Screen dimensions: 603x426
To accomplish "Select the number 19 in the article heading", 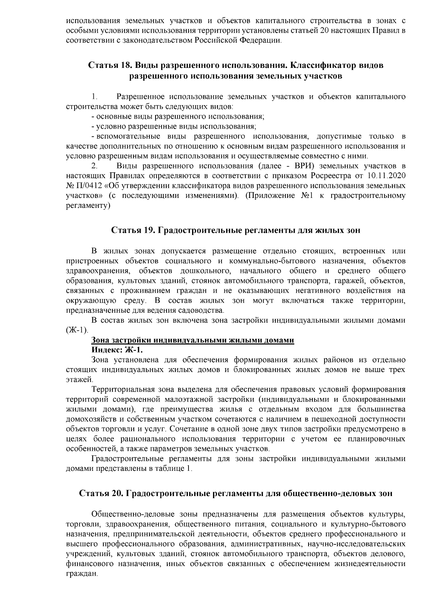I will coord(147,230).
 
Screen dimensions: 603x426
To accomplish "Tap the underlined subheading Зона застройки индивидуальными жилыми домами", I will coord(193,340).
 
